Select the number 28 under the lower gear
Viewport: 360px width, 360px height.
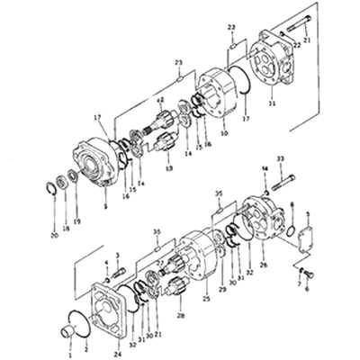click(179, 315)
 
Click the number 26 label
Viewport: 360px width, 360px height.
click(263, 265)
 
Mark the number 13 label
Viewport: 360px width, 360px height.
click(168, 167)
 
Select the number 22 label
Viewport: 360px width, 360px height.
click(298, 43)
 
